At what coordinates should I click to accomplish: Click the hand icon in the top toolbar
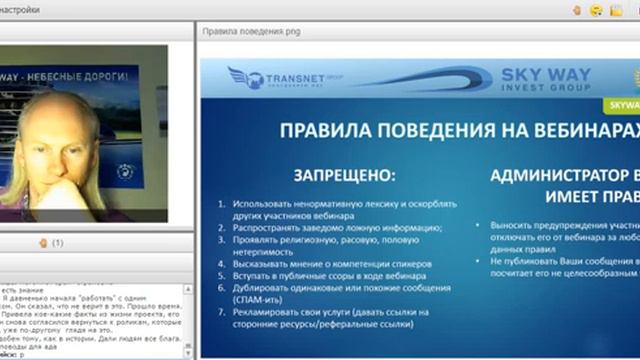pyautogui.click(x=577, y=9)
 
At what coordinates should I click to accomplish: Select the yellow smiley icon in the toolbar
pyautogui.click(x=596, y=9)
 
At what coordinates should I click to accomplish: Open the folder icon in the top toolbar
pyautogui.click(x=616, y=9)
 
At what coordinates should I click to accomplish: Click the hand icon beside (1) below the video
pyautogui.click(x=43, y=242)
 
